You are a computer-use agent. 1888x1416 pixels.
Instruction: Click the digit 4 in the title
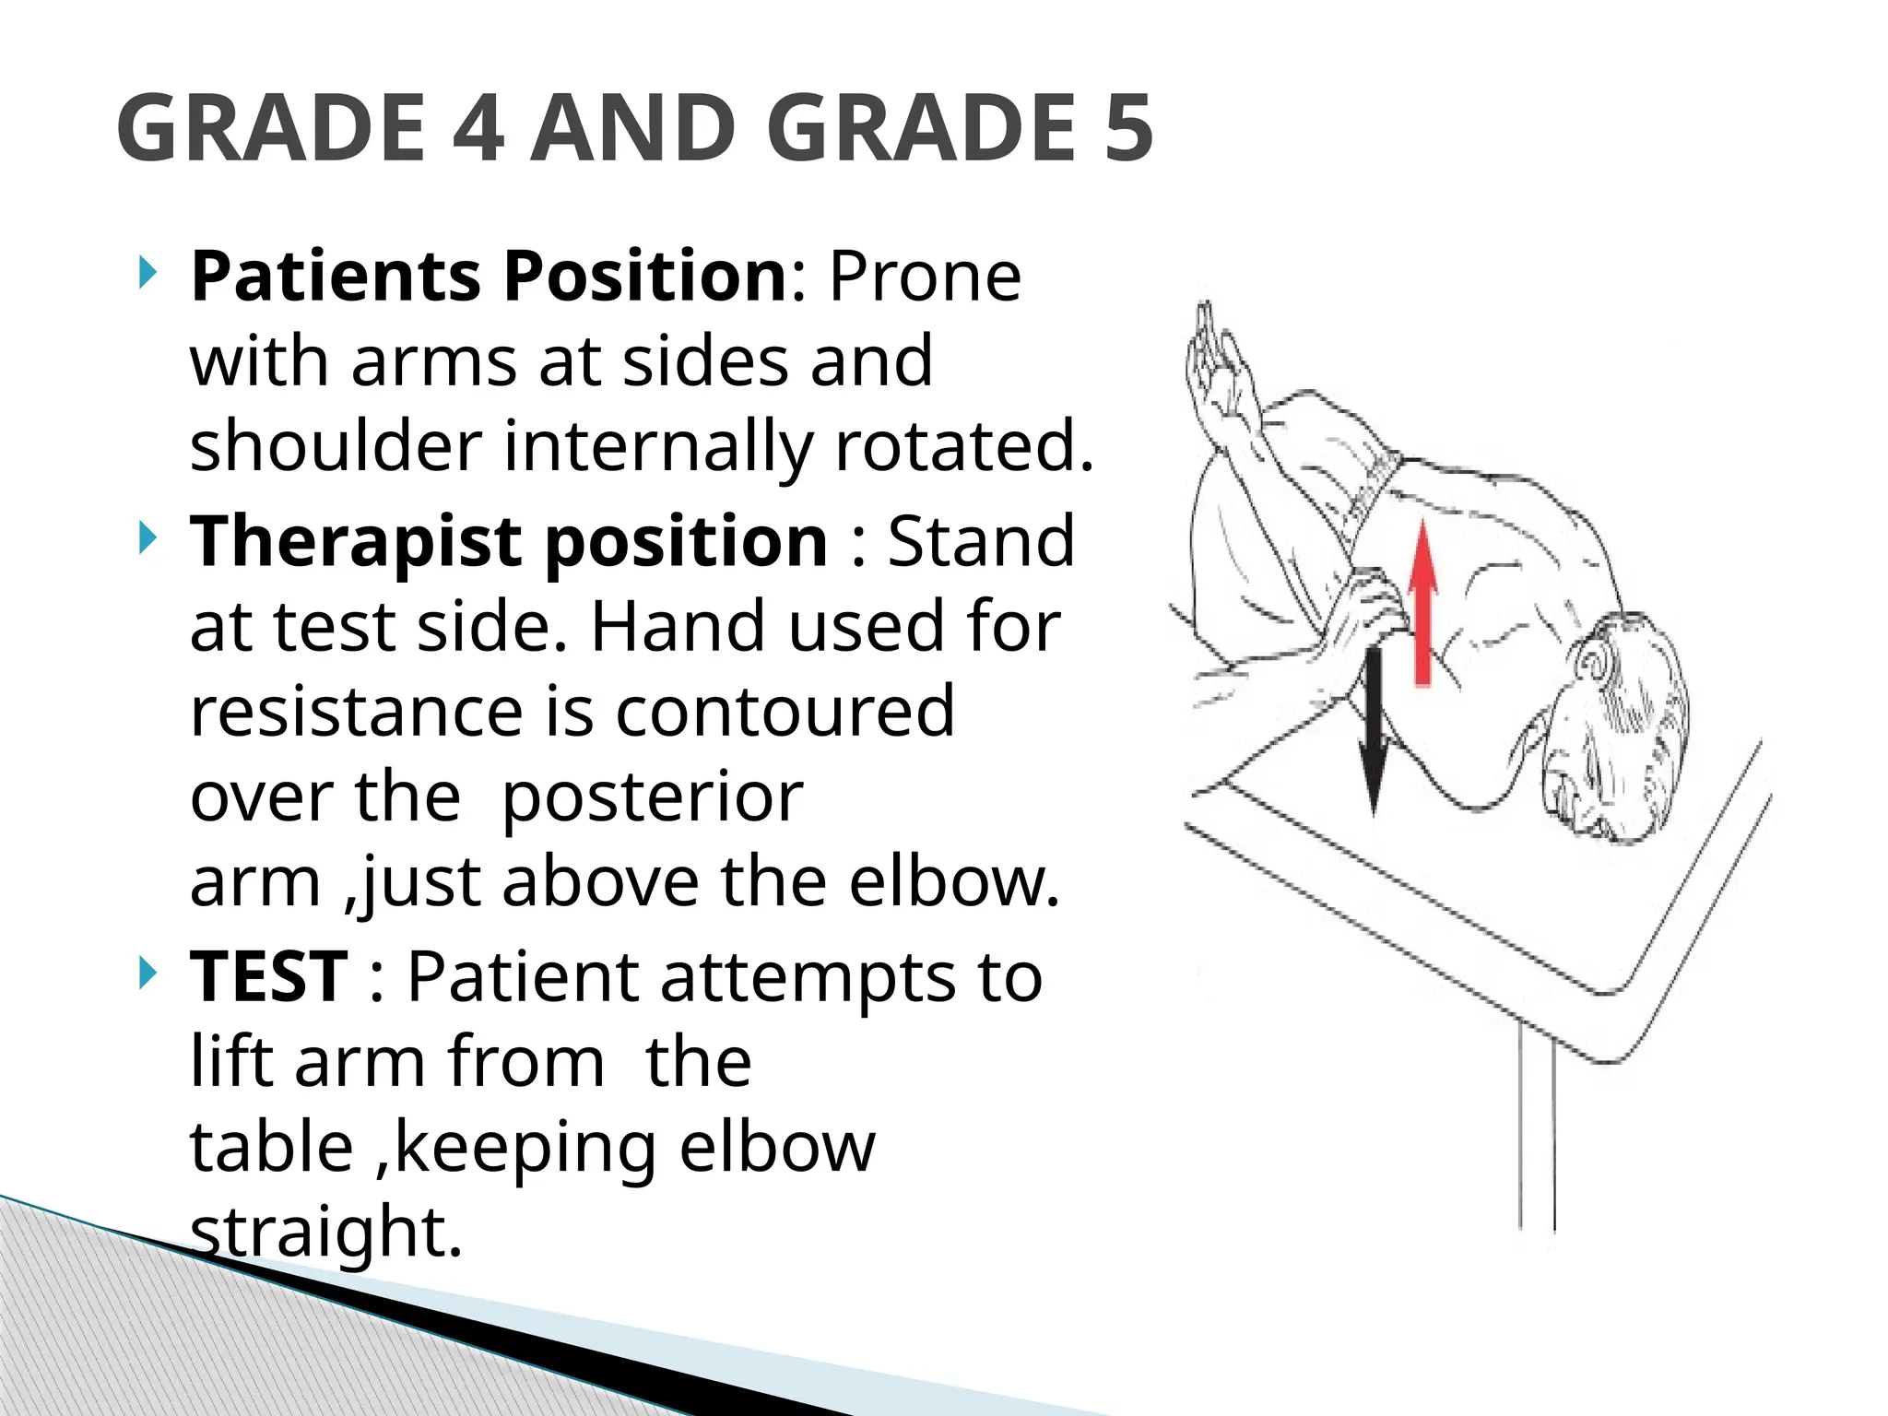[478, 128]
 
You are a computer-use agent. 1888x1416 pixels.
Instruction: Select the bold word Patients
[336, 276]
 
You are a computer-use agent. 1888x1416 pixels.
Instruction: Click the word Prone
[925, 276]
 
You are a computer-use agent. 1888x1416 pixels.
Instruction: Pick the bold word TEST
[268, 977]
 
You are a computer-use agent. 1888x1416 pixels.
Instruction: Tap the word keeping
[525, 1148]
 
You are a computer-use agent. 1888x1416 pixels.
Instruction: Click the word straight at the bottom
[325, 1233]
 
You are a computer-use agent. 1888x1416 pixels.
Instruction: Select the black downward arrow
[1374, 728]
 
